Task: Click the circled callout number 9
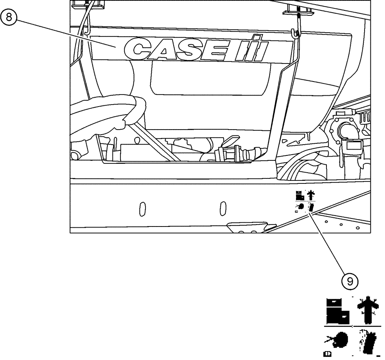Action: coord(350,282)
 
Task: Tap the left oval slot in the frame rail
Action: coord(142,208)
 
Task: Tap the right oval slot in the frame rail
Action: coord(222,208)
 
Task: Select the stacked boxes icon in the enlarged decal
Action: coord(338,311)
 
